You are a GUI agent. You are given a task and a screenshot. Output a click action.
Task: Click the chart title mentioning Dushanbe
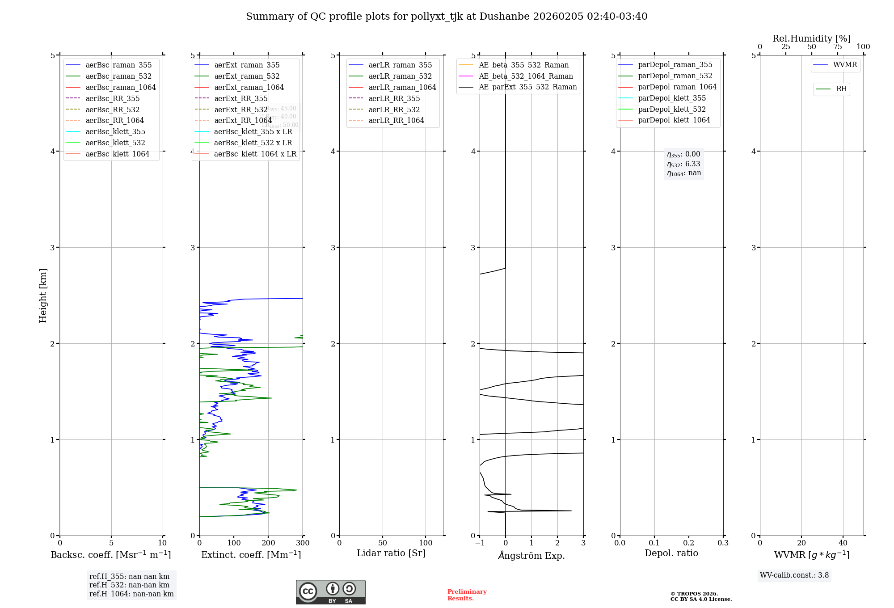click(447, 17)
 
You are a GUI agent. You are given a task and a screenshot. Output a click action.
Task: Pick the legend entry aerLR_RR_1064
click(396, 120)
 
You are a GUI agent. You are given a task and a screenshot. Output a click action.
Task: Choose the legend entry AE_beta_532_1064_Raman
click(526, 76)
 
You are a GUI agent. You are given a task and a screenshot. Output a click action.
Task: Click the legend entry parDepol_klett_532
click(672, 109)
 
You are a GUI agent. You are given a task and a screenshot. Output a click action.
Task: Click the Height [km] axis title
click(43, 295)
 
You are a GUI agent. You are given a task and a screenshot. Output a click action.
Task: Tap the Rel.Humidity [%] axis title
click(811, 38)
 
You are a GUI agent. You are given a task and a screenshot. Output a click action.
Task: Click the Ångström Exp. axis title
click(531, 555)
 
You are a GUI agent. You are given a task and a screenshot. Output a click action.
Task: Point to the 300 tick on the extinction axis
click(303, 543)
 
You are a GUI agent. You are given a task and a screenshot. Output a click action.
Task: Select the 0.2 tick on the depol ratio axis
click(689, 543)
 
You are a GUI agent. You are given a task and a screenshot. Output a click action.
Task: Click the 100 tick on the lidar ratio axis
click(426, 543)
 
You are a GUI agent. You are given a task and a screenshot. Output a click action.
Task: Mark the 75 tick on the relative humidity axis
click(837, 47)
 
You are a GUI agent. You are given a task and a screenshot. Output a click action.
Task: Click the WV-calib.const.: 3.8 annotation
click(794, 575)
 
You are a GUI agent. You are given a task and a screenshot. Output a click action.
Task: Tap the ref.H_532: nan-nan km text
click(129, 585)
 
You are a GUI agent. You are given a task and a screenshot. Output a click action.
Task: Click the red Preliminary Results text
click(467, 595)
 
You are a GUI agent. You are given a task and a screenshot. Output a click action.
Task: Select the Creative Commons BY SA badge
click(330, 592)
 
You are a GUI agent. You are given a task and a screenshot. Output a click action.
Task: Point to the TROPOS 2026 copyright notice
click(700, 596)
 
